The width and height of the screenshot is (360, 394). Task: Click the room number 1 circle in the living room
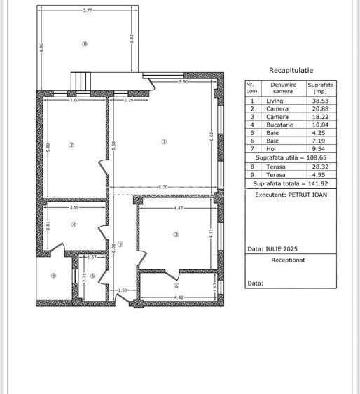(x=164, y=141)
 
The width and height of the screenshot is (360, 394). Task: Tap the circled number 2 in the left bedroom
(x=71, y=146)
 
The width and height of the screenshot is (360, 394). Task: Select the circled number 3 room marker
(x=176, y=234)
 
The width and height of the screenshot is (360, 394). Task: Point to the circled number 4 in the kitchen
(x=73, y=225)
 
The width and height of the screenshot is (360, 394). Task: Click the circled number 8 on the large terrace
(x=85, y=43)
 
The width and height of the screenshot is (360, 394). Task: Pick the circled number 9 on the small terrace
(x=53, y=275)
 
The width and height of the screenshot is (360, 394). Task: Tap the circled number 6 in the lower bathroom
(x=176, y=285)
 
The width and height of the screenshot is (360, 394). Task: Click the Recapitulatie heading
(x=291, y=70)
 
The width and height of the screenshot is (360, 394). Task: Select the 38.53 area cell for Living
(x=321, y=101)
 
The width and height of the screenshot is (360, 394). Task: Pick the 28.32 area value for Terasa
(x=321, y=167)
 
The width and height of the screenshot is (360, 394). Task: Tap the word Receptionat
(x=289, y=259)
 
